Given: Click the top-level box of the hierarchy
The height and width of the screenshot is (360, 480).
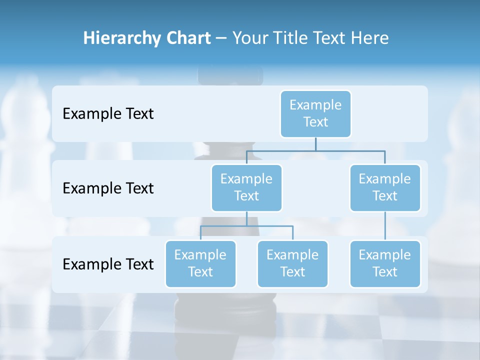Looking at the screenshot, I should [315, 113].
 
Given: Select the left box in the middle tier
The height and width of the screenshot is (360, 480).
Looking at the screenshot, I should [246, 187].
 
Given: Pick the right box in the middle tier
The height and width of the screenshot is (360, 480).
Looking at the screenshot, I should [385, 187].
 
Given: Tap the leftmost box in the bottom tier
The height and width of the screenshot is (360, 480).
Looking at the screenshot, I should [200, 263].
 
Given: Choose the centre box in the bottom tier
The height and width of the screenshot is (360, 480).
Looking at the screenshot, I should [292, 263].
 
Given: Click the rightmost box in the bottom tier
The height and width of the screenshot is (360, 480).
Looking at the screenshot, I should [385, 263].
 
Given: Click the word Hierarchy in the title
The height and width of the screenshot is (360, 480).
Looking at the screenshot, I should [121, 38].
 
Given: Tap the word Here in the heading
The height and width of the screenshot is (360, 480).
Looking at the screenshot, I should [370, 38].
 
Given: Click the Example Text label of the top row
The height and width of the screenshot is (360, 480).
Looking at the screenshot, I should [108, 114].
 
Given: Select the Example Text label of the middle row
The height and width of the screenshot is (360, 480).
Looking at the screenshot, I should [108, 188].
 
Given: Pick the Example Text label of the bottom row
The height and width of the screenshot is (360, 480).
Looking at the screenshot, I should [108, 264].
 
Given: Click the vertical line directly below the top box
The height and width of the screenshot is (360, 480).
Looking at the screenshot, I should [315, 143].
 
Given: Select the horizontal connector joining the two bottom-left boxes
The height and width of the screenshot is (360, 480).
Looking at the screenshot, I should [246, 226].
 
